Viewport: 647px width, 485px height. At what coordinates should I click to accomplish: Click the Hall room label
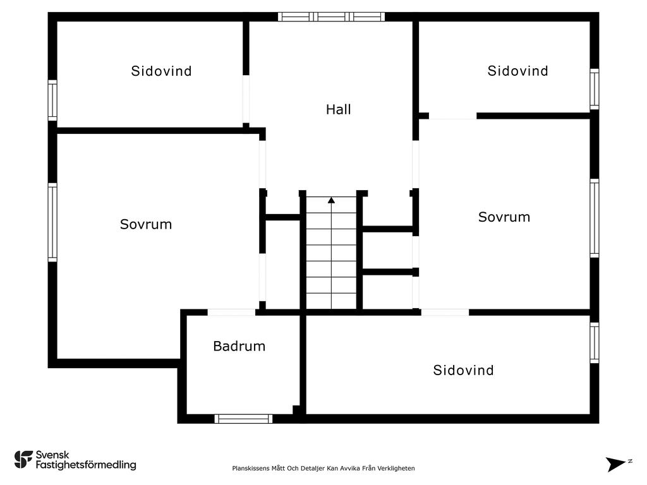click(339, 109)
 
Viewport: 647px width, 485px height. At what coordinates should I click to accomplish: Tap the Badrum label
click(239, 346)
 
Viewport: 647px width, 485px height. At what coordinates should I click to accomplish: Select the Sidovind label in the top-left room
click(161, 71)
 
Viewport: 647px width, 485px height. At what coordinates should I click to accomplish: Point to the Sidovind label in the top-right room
click(518, 71)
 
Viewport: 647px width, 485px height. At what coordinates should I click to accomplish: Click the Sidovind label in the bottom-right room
click(463, 370)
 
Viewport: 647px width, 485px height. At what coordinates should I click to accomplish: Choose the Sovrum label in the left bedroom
click(146, 224)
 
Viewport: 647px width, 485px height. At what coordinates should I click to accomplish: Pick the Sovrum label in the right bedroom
click(504, 217)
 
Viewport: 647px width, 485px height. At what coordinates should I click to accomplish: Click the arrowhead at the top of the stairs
click(331, 200)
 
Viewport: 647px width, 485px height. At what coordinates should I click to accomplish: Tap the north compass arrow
click(615, 464)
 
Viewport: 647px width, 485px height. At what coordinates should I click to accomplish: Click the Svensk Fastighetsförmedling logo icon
click(23, 460)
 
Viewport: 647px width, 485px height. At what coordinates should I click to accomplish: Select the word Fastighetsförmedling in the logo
click(86, 465)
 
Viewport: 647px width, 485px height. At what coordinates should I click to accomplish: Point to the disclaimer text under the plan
click(323, 468)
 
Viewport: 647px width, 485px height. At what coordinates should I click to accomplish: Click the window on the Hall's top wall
click(331, 17)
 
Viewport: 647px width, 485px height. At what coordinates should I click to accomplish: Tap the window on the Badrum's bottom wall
click(243, 419)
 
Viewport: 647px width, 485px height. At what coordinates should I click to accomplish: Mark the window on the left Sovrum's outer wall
click(52, 222)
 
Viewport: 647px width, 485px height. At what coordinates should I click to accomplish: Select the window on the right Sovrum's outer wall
click(594, 218)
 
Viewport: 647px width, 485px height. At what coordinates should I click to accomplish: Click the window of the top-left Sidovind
click(52, 100)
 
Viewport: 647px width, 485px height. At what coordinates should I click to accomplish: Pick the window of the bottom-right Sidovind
click(594, 343)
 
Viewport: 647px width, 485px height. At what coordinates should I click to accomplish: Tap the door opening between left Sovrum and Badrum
click(231, 312)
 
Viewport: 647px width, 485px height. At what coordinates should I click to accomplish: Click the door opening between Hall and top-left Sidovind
click(246, 99)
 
